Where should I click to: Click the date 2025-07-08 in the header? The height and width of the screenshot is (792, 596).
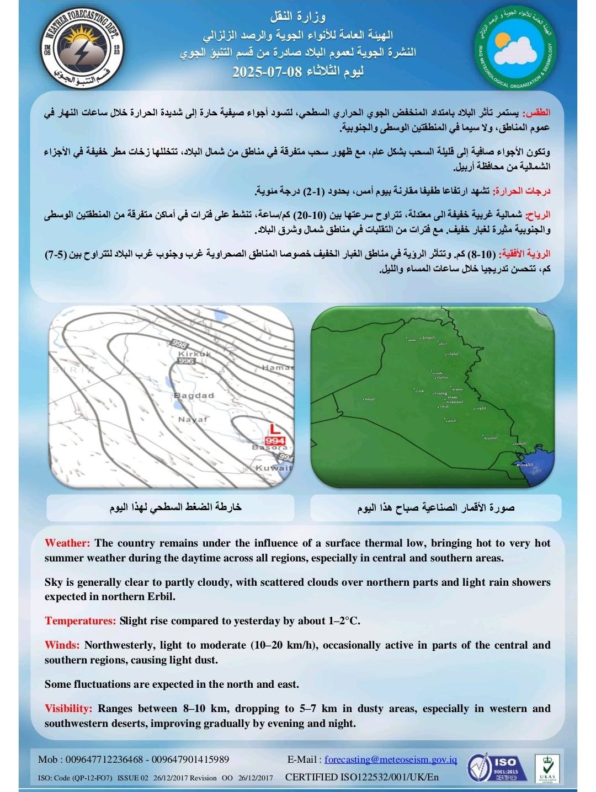(x=298, y=72)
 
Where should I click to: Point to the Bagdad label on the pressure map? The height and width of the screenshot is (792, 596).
(x=194, y=395)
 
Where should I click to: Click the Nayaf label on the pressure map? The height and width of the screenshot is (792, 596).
(x=193, y=419)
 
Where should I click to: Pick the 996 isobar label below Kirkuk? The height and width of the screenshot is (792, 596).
(x=187, y=361)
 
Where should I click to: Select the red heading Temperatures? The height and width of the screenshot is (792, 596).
(x=80, y=621)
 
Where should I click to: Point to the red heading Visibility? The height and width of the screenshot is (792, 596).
(x=68, y=709)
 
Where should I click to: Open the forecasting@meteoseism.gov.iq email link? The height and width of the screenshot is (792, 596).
(x=391, y=759)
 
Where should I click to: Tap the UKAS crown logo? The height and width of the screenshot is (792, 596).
(x=546, y=767)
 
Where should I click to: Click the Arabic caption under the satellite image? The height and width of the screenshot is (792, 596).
(x=435, y=507)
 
